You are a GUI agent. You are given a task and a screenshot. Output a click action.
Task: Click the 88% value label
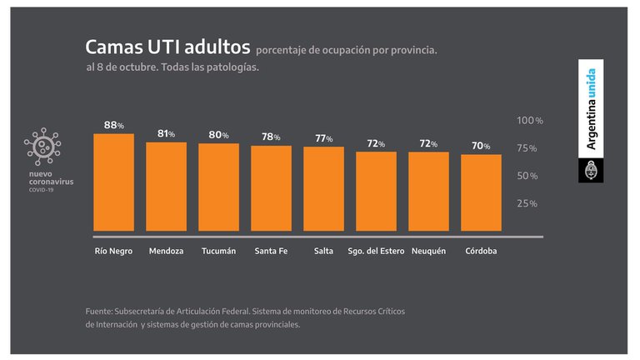113,125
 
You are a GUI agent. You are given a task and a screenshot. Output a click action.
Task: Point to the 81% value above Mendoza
166,133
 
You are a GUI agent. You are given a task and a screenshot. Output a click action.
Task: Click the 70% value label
481,145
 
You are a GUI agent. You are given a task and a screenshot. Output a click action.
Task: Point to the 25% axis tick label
527,203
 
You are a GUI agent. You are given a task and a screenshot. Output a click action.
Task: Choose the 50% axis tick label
527,176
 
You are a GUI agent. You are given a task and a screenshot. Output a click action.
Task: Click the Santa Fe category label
271,251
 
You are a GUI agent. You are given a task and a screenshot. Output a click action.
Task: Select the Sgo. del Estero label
375,251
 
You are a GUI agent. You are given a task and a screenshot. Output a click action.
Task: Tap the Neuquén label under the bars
429,251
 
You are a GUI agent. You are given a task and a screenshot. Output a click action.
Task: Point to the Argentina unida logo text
591,109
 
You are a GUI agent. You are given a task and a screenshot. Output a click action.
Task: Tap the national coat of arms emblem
591,171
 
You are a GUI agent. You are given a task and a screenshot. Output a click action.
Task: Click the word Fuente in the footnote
99,311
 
